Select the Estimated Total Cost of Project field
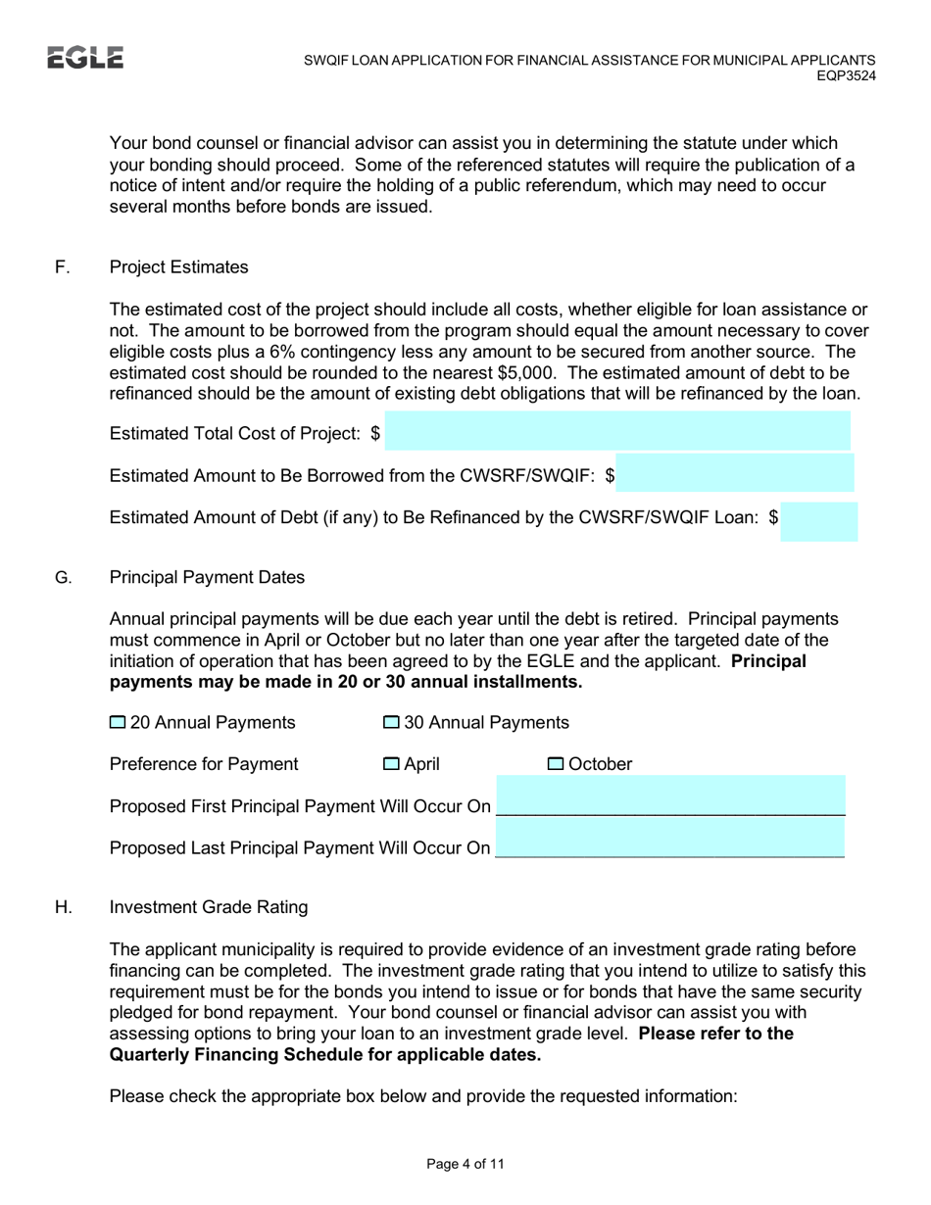tap(617, 431)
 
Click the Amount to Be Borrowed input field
tap(735, 473)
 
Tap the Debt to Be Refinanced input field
tap(819, 520)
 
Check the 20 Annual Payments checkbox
tap(118, 723)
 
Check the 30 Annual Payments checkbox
tap(390, 723)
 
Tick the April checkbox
tap(390, 764)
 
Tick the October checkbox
tap(555, 764)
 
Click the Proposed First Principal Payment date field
tap(670, 796)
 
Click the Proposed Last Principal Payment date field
tap(670, 840)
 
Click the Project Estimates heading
tap(179, 267)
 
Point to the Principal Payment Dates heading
tap(207, 578)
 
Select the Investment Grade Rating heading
tap(209, 908)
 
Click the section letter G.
tap(63, 578)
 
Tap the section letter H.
tap(63, 908)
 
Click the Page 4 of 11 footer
tap(465, 1165)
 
